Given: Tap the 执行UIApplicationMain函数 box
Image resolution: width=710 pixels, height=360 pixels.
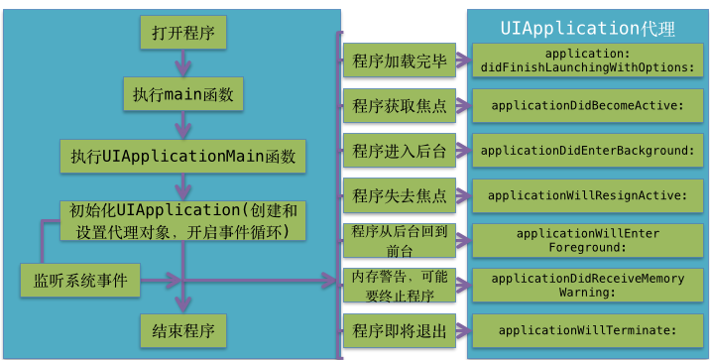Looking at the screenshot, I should click(183, 156).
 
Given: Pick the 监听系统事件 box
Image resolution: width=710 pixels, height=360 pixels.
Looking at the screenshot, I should click(80, 280).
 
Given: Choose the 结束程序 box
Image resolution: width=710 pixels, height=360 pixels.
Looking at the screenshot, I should click(183, 329).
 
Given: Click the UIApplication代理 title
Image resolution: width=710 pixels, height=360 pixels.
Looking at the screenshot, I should click(587, 28).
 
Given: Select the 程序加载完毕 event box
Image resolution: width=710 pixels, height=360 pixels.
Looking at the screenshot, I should click(400, 60).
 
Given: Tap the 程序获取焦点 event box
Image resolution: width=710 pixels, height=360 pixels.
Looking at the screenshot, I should click(400, 105).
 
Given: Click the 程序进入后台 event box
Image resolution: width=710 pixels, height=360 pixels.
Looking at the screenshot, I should click(400, 150).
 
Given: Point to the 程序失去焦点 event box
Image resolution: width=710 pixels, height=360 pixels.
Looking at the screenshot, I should click(400, 194).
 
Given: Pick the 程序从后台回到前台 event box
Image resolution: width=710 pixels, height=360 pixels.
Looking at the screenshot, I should click(400, 239).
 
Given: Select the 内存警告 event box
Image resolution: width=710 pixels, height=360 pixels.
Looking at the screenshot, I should click(400, 285).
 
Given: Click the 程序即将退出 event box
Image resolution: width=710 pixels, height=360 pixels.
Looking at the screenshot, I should click(400, 329).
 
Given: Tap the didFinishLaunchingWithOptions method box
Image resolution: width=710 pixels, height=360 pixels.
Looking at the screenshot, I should click(587, 60).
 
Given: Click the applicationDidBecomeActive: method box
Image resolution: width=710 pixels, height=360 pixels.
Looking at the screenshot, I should click(587, 105).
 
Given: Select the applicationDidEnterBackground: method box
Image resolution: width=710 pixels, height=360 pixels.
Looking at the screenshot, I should click(587, 150).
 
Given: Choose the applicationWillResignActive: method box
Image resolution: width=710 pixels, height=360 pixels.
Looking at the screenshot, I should click(587, 195).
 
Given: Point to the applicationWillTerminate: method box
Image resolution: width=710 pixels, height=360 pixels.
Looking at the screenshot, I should click(587, 330).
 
